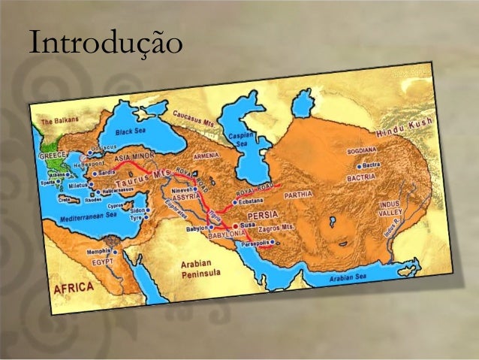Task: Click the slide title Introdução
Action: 104,43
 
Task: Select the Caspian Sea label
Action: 241,138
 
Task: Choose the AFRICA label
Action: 73,289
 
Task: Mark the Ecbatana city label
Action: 251,201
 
